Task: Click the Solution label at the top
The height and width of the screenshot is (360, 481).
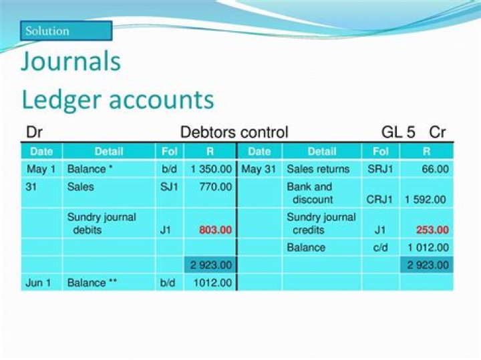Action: coord(47,31)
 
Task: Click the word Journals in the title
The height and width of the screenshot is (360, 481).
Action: coord(71,61)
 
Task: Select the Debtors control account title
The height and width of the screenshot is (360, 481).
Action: coord(234,132)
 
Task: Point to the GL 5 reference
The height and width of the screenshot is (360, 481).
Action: coord(399,132)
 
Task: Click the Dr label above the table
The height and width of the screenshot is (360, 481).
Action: coord(34,132)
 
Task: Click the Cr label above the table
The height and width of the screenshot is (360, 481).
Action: coord(438,132)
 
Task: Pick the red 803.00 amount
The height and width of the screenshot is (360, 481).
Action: coord(215,230)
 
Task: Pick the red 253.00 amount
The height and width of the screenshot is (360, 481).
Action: coord(432,230)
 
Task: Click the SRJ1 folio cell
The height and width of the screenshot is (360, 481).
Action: coord(380,170)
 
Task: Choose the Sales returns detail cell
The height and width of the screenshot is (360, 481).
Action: coord(318,170)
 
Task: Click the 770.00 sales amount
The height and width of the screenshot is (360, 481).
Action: coord(215,187)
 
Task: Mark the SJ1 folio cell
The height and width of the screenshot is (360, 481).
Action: coord(169,187)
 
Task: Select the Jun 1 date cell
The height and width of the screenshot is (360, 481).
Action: coord(38,283)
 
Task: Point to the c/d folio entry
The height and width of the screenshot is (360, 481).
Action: coord(380,247)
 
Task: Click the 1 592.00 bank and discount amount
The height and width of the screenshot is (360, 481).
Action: coord(425,199)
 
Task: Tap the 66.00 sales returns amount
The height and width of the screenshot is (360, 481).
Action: coord(435,170)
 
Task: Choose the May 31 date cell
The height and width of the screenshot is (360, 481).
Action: coord(259,170)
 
